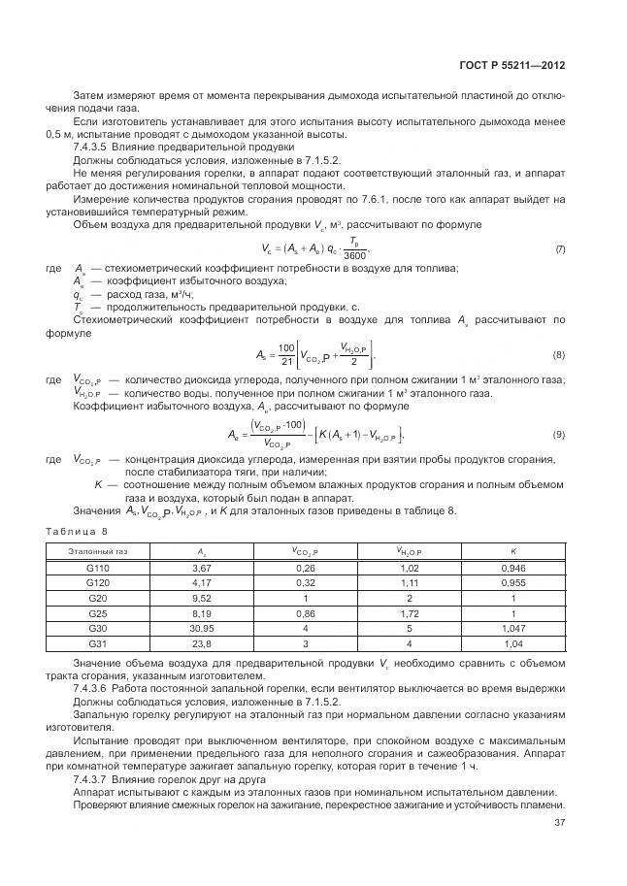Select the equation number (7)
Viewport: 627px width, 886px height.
(x=559, y=249)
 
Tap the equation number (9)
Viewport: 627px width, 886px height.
(x=559, y=434)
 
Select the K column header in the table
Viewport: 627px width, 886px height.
(x=512, y=551)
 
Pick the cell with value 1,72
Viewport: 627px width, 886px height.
(x=409, y=613)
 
